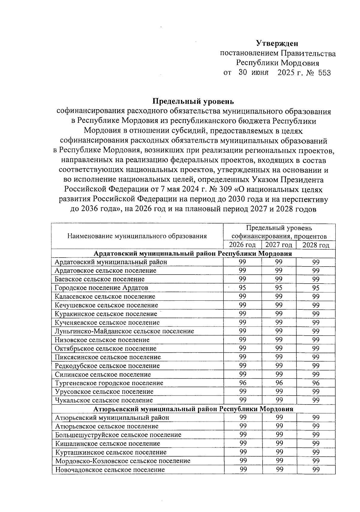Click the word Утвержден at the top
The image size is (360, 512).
(277, 44)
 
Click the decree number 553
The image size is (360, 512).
(324, 73)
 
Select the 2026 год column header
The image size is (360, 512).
(242, 245)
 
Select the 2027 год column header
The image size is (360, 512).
(279, 245)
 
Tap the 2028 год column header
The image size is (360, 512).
(316, 245)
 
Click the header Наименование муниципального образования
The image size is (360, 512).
(137, 236)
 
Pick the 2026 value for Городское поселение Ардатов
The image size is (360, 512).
(242, 288)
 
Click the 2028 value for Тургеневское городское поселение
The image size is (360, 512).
(316, 383)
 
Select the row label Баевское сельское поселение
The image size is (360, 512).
(100, 279)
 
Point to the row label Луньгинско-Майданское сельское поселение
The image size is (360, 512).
(124, 331)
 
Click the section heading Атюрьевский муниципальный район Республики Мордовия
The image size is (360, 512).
(193, 409)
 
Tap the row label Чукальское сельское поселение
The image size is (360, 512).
(104, 400)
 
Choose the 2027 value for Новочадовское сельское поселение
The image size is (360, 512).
(279, 469)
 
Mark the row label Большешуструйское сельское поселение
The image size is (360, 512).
(118, 435)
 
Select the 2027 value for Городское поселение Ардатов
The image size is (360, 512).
(279, 288)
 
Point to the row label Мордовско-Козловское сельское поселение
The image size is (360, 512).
(123, 461)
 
